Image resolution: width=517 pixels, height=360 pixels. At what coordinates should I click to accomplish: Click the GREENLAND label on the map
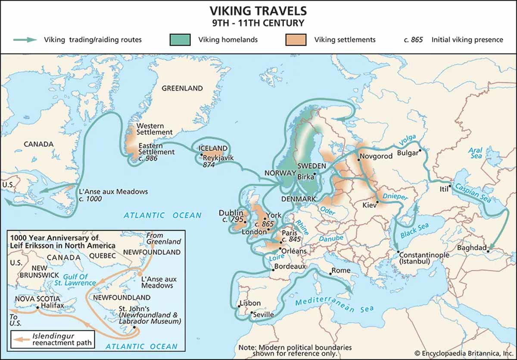pyautogui.click(x=182, y=88)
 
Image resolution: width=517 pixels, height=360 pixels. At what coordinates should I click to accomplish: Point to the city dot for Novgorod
pyautogui.click(x=358, y=160)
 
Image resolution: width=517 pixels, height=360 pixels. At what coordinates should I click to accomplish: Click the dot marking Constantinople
pyautogui.click(x=399, y=251)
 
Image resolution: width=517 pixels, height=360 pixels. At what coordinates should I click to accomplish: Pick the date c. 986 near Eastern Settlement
pyautogui.click(x=148, y=159)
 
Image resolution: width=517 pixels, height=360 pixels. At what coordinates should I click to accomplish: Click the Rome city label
pyautogui.click(x=341, y=270)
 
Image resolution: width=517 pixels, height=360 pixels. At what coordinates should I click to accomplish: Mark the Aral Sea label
pyautogui.click(x=476, y=153)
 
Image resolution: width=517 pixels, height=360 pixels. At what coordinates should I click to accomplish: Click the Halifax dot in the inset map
pyautogui.click(x=38, y=307)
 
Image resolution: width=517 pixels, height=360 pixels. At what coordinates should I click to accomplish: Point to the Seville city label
pyautogui.click(x=263, y=315)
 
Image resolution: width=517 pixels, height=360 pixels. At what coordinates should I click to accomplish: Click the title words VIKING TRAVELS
pyautogui.click(x=258, y=10)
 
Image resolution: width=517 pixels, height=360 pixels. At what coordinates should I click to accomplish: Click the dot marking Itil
pyautogui.click(x=449, y=186)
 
